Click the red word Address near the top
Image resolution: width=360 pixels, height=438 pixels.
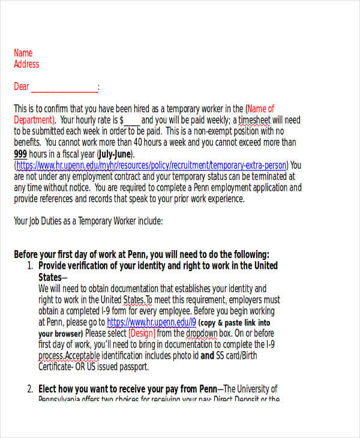(26, 64)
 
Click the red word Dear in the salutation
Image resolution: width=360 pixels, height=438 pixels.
(22, 87)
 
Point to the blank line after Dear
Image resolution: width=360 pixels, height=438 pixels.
(64, 88)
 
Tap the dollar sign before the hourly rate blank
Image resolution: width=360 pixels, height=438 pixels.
(122, 120)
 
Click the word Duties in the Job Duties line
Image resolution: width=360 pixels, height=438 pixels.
(55, 221)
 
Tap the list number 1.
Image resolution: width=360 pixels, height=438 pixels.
(30, 266)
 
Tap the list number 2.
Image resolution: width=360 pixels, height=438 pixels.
(30, 389)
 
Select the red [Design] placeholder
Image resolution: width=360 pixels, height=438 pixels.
(142, 334)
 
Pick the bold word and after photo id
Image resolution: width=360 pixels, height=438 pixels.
(207, 356)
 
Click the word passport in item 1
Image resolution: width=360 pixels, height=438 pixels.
(147, 367)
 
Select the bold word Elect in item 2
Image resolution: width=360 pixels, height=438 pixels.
(50, 389)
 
